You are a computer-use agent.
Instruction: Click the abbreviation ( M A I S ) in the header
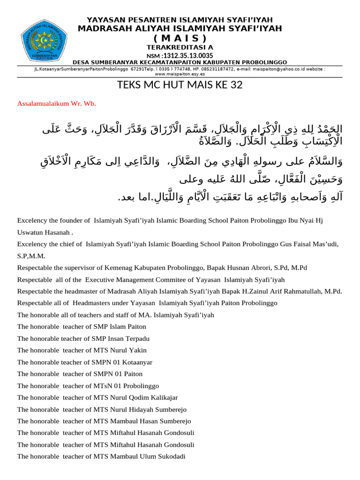tap(180, 38)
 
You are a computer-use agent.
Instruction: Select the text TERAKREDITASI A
tap(180, 47)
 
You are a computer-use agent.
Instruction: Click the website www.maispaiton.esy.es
tap(180, 74)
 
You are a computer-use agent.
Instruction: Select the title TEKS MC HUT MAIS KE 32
tap(180, 85)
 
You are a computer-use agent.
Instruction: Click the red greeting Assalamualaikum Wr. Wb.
tap(56, 104)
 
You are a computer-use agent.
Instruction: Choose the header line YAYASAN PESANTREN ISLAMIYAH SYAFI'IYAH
tap(180, 20)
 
